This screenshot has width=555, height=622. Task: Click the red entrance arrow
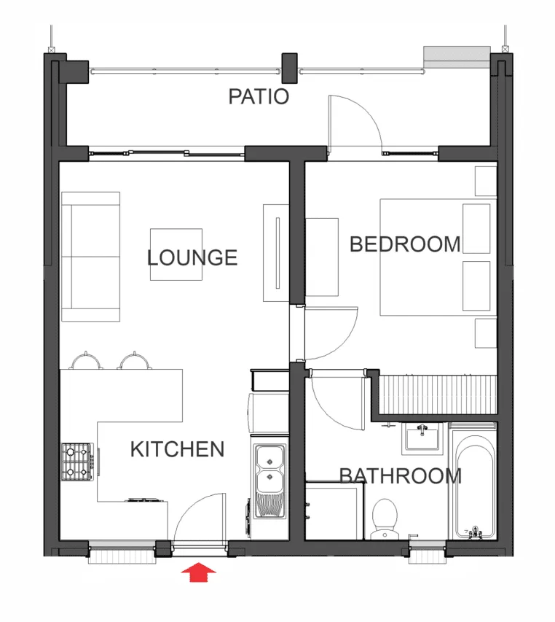[198, 572]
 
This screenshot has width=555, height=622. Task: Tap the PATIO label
[259, 97]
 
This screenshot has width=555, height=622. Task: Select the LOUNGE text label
[192, 258]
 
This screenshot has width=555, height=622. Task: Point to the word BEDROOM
[405, 244]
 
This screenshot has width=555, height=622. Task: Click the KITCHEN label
[177, 449]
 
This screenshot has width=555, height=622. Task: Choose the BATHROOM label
[401, 475]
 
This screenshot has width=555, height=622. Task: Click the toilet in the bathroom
[385, 518]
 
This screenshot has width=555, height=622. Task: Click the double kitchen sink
[269, 481]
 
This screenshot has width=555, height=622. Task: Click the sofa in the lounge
[91, 257]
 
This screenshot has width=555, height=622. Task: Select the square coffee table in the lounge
[176, 254]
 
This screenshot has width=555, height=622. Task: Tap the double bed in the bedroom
[438, 257]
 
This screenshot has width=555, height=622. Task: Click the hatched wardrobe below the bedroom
[438, 395]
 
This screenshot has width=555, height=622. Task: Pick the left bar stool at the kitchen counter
[86, 360]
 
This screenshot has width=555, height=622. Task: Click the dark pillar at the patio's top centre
[289, 68]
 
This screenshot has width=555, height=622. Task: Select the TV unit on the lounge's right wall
[276, 253]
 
